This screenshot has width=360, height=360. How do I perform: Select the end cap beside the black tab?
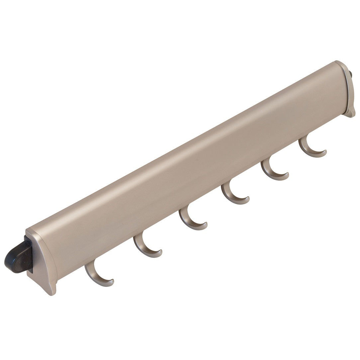coord(43,262)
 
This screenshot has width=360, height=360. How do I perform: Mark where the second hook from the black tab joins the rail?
coord(139,234)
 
